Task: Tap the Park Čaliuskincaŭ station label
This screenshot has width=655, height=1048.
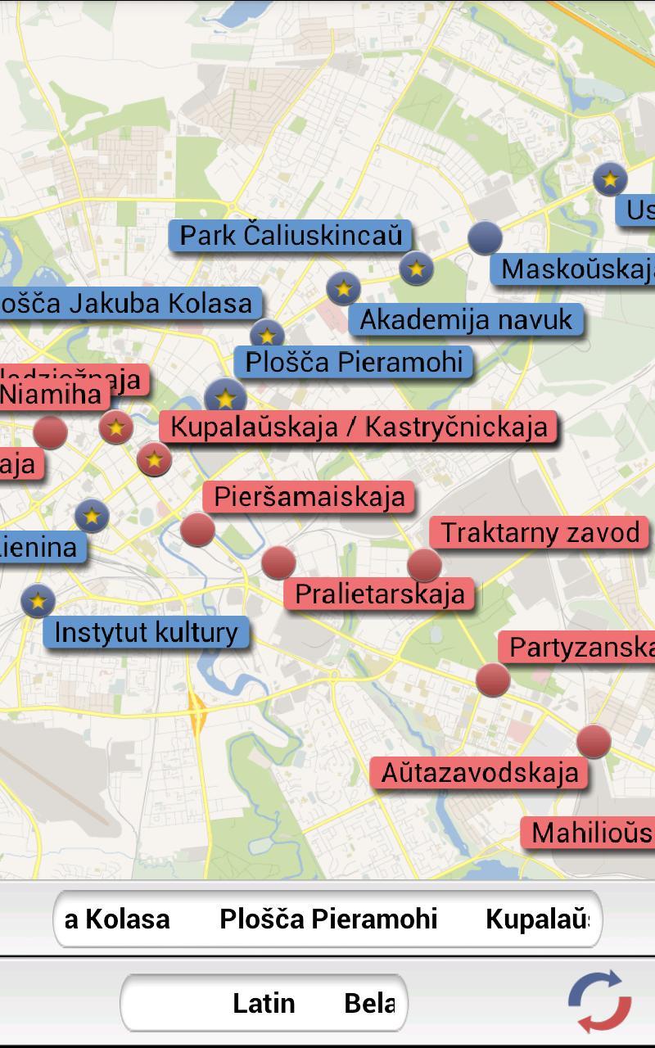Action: click(x=291, y=236)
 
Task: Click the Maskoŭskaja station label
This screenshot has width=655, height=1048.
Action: click(x=576, y=269)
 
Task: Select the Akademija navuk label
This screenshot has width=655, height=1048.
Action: click(x=466, y=319)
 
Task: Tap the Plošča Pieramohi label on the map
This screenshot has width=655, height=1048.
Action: click(x=354, y=362)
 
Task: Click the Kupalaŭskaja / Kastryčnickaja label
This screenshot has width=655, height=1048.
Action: click(x=359, y=427)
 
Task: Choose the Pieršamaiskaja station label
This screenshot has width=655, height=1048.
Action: click(x=309, y=496)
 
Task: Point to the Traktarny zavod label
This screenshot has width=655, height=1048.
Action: click(x=540, y=533)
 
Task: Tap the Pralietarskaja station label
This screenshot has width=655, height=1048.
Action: click(x=379, y=594)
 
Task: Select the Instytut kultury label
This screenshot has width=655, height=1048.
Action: click(x=146, y=632)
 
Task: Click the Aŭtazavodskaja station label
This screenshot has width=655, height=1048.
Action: click(x=480, y=772)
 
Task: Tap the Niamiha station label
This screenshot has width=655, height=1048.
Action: click(x=51, y=395)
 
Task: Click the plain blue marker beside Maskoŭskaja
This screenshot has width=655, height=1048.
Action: click(x=485, y=237)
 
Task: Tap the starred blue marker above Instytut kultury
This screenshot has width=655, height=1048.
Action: click(x=38, y=601)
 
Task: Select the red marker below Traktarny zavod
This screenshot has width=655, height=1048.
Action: click(x=424, y=565)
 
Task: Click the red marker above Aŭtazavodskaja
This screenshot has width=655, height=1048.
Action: click(x=594, y=742)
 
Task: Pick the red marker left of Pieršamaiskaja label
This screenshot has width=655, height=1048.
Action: click(x=197, y=530)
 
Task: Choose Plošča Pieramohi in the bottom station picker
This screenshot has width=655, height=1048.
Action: click(x=328, y=919)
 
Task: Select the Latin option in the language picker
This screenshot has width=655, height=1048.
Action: click(x=264, y=1003)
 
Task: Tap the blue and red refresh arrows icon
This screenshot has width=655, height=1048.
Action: click(x=600, y=1001)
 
